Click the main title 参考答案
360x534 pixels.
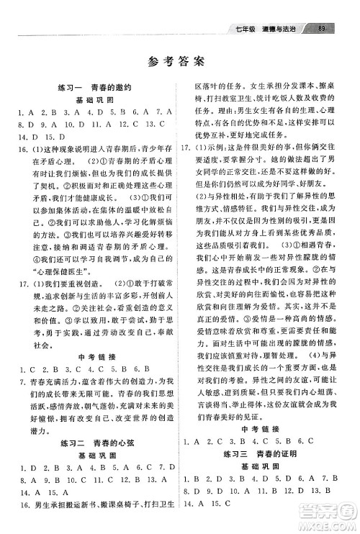coord(179,62)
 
